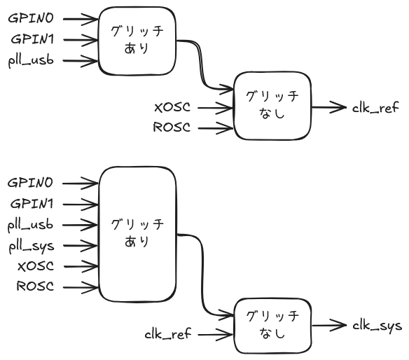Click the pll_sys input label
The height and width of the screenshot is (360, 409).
32,246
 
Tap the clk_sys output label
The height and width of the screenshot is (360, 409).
376,326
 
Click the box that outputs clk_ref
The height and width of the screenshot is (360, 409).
272,105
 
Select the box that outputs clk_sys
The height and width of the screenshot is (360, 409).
272,325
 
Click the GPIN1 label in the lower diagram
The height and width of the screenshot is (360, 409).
31,204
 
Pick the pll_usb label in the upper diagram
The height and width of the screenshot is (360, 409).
32,60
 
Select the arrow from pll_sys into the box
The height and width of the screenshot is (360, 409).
78,245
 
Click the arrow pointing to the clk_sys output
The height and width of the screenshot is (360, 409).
327,325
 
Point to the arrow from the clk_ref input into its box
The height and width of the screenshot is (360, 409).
214,333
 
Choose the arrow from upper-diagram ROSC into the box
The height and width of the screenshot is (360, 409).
214,127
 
